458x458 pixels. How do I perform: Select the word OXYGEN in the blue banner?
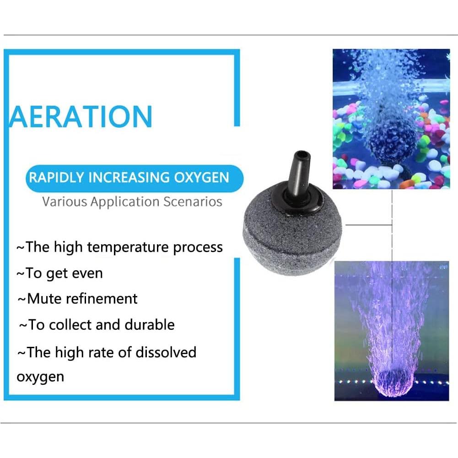(x=204, y=177)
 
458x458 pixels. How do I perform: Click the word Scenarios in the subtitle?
(x=194, y=201)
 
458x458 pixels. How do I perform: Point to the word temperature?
(x=128, y=248)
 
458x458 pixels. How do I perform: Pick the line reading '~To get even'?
(x=59, y=273)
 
